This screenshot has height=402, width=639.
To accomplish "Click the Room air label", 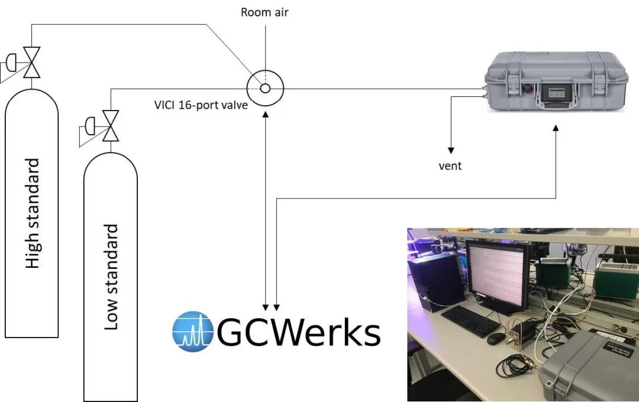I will click(x=264, y=12).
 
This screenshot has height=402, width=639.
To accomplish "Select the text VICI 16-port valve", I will click(x=201, y=106).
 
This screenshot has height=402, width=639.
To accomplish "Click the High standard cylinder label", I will click(x=33, y=213).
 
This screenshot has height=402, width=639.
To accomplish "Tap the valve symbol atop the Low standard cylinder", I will click(x=109, y=125).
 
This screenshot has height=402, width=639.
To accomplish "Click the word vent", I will click(x=450, y=166).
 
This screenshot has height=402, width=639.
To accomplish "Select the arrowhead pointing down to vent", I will click(x=450, y=150).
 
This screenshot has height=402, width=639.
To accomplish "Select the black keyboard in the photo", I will click(x=470, y=322).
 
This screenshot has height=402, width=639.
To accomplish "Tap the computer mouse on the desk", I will click(x=496, y=338).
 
